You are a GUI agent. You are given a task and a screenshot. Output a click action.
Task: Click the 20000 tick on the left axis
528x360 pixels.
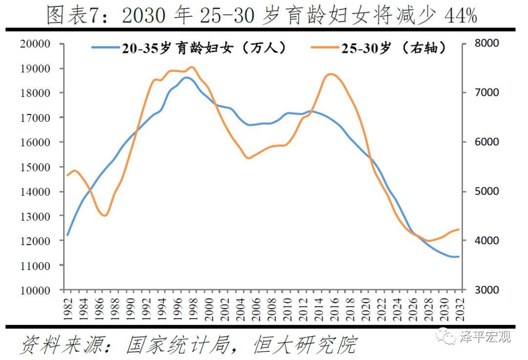point(35,44)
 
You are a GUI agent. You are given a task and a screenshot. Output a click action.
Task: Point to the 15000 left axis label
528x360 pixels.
point(35,167)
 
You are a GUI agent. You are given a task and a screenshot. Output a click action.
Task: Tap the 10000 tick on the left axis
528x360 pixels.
point(35,290)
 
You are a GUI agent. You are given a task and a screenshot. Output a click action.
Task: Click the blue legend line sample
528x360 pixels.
point(106,48)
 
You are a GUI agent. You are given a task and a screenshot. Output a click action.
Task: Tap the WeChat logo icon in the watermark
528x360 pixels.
point(446,336)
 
